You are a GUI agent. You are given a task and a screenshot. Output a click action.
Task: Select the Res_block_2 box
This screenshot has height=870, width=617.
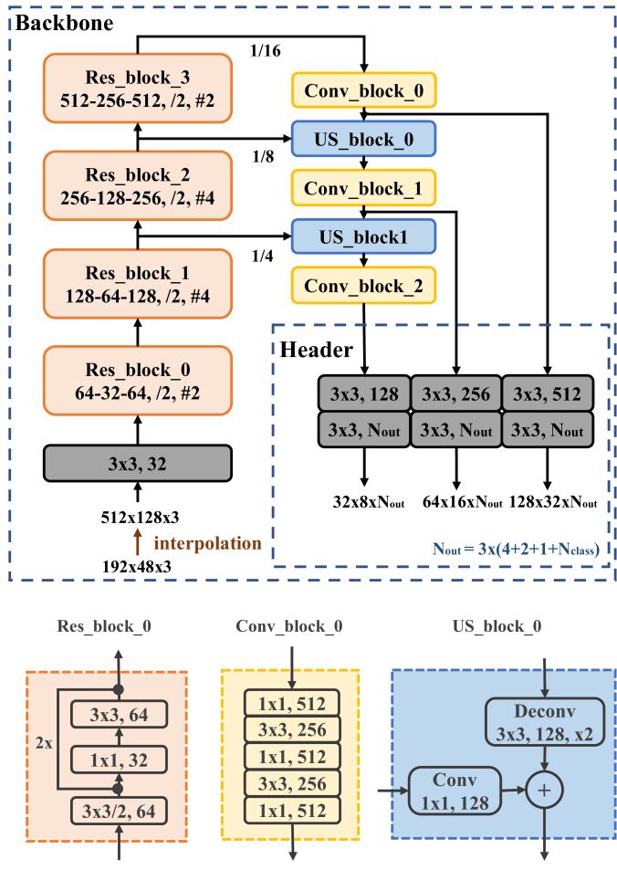coord(137,187)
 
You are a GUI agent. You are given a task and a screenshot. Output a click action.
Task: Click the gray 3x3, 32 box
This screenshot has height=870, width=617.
coord(137,462)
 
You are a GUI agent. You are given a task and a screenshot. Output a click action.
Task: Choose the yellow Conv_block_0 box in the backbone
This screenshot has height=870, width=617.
coord(363,91)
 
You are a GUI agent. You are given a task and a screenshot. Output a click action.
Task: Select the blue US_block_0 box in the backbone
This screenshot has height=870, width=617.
coord(363,140)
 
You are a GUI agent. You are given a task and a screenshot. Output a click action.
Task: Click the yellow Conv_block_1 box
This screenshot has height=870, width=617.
coord(363,189)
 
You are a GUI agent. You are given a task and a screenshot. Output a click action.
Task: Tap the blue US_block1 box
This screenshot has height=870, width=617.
coord(363,236)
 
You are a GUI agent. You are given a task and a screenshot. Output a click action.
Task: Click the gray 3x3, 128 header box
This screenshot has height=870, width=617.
coord(364,393)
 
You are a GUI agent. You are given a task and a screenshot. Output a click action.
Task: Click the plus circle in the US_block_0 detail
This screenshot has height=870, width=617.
coord(545,790)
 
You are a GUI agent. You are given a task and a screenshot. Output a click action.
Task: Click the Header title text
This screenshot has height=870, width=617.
coord(314,350)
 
